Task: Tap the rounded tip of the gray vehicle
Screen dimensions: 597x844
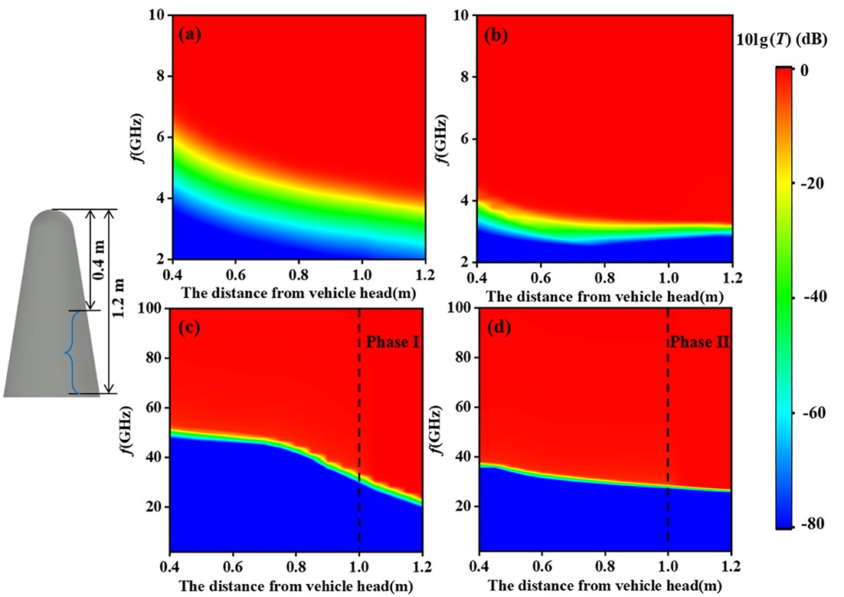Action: [51, 217]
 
